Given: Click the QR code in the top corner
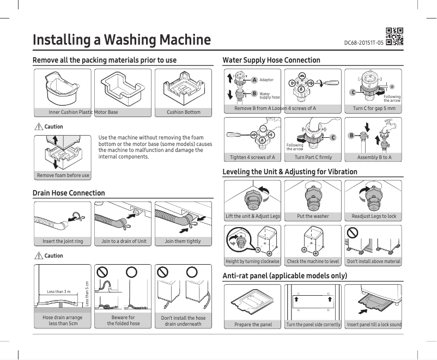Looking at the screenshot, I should point(394,36).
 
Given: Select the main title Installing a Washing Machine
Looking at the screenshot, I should point(122,40).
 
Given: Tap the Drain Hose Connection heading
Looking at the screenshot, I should point(69,193).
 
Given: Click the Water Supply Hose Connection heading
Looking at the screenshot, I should point(271,60).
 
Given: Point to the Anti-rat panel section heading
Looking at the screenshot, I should point(285,276).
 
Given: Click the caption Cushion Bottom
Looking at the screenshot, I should point(184,112).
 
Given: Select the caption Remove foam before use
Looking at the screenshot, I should point(63,175).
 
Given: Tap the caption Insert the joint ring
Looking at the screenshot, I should point(63,241).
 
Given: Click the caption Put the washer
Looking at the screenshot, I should point(313,216).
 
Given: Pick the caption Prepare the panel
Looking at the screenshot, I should point(253,325).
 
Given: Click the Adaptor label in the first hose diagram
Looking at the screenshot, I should point(266,80).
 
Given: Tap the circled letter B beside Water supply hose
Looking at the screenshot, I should point(253,93).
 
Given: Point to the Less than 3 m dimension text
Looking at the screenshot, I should point(58,292).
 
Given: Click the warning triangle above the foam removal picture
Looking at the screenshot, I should point(38,127).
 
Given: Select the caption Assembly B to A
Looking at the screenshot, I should point(374,157).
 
